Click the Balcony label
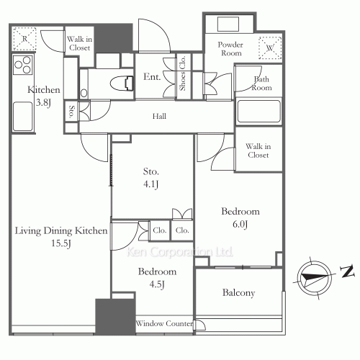[x=238, y=294]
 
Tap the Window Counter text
[x=164, y=325]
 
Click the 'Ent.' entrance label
[x=151, y=76]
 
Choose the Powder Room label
[x=231, y=49]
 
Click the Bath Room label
[x=261, y=84]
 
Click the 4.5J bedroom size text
[x=157, y=284]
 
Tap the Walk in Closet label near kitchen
[x=78, y=44]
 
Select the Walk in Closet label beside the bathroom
[x=258, y=150]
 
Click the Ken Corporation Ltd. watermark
[x=180, y=252]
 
